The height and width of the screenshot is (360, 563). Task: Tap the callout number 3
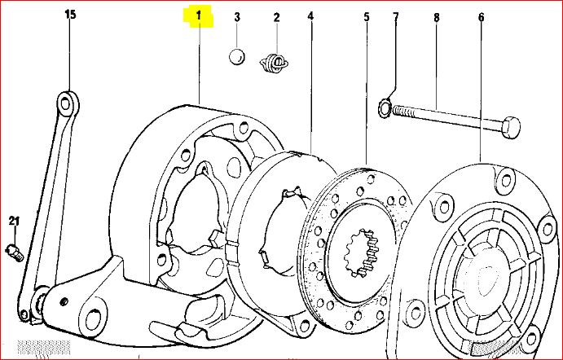pyautogui.click(x=237, y=16)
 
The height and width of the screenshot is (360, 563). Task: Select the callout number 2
pyautogui.click(x=276, y=16)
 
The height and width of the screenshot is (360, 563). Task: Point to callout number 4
pyautogui.click(x=311, y=15)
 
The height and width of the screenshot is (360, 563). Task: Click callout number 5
pyautogui.click(x=367, y=15)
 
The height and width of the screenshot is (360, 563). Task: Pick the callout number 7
pyautogui.click(x=396, y=15)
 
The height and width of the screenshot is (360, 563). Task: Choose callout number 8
pyautogui.click(x=436, y=15)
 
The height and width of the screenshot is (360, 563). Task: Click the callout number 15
pyautogui.click(x=68, y=15)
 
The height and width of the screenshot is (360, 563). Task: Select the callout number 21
pyautogui.click(x=14, y=221)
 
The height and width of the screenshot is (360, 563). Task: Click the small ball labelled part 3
pyautogui.click(x=236, y=57)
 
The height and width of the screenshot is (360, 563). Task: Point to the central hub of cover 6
pyautogui.click(x=487, y=268)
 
